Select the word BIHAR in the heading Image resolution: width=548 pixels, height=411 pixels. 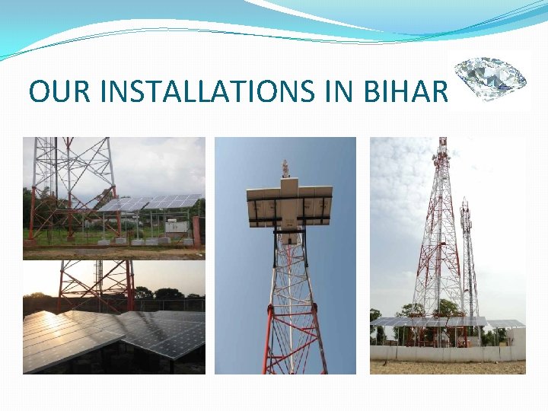pos(413,91)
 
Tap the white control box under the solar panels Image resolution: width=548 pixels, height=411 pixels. pos(177,226)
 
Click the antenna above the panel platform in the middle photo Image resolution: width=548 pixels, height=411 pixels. pos(285,168)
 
